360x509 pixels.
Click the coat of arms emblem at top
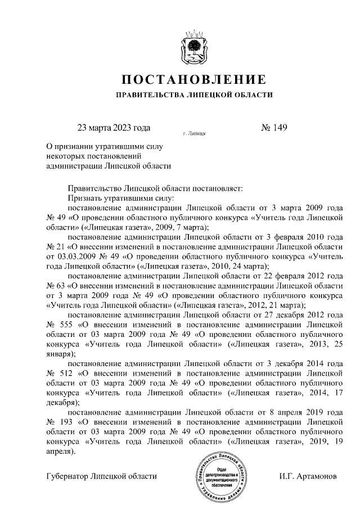pos(194,44)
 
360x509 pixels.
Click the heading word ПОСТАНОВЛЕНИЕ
pos(194,79)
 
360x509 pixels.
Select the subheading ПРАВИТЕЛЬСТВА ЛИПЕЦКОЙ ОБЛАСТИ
pos(194,95)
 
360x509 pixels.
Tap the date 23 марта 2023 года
pos(114,128)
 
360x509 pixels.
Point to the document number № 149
pos(274,128)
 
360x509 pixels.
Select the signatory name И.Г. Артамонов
pos(308,477)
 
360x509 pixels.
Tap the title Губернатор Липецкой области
pos(101,477)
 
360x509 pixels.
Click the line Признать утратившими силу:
pos(121,198)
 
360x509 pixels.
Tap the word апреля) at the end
pos(60,451)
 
